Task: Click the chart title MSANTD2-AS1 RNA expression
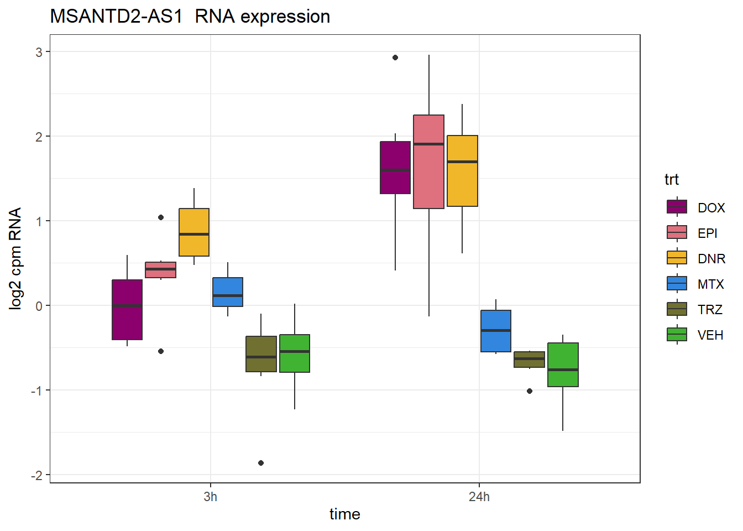190,17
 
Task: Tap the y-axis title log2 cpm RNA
15,258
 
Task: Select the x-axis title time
344,514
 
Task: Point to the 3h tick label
210,497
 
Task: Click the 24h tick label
479,497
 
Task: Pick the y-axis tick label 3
39,52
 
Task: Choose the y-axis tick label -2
36,475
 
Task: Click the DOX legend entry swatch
677,207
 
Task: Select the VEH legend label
710,335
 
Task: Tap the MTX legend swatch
677,283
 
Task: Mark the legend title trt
671,179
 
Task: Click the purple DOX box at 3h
127,310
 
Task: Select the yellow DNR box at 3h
194,232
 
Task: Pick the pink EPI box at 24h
428,162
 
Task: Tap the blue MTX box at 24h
496,331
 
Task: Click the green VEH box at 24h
563,365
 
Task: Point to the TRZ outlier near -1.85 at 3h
261,463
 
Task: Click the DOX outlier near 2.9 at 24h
395,58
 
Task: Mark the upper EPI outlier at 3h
161,217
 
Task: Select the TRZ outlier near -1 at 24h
530,391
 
